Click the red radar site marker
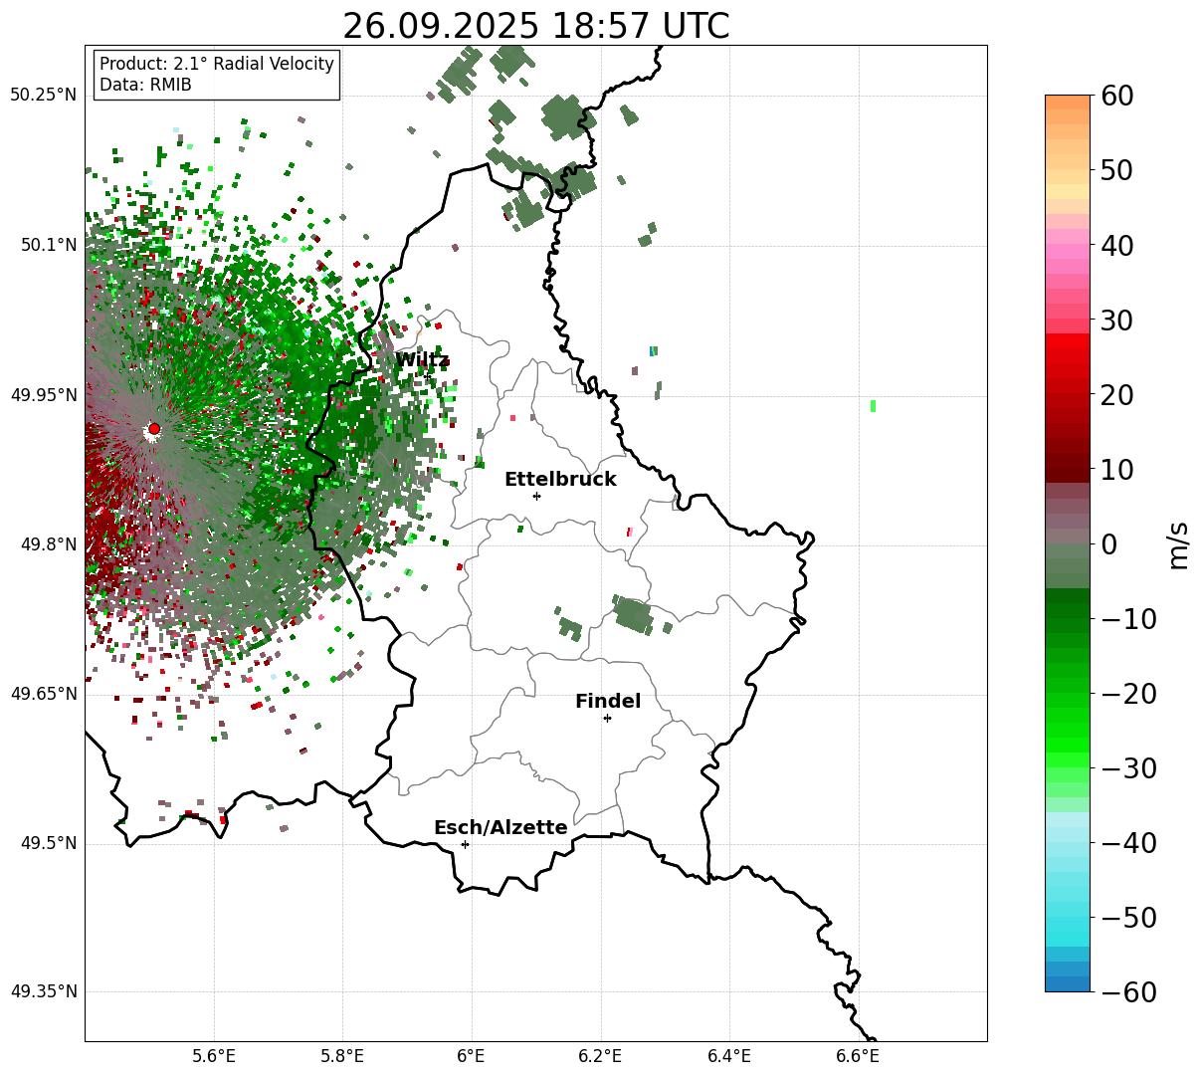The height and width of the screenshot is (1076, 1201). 154,429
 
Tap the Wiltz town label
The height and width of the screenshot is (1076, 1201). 422,360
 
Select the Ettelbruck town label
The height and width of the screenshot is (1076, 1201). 560,480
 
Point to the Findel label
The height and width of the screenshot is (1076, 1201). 608,702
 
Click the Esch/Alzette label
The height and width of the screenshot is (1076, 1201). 500,828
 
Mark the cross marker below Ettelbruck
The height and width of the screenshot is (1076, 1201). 536,496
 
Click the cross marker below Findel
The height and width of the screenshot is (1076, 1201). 607,718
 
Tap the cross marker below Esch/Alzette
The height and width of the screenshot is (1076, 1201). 465,844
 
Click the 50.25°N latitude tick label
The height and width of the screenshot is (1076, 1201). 43,96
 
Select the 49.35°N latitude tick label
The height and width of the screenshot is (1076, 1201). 43,991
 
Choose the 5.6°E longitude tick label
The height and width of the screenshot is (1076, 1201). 214,1055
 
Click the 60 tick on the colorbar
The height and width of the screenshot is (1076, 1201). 1117,96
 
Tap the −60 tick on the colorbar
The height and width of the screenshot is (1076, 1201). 1124,992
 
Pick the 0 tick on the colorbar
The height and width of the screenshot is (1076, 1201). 1108,544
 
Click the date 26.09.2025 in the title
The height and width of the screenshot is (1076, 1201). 432,26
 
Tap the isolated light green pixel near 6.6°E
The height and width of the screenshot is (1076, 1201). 873,405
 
